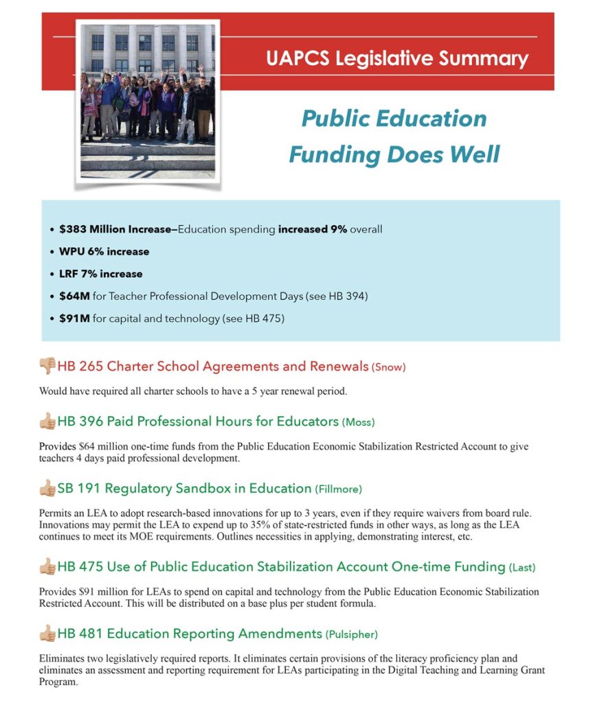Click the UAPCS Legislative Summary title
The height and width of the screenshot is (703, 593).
pos(397,58)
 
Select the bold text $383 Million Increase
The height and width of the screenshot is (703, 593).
pos(117,229)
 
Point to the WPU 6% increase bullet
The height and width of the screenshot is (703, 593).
pos(104,251)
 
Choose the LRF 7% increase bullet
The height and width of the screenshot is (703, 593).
pos(100,274)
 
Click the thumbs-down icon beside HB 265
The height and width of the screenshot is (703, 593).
pos(47,366)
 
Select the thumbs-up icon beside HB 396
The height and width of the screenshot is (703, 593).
pos(47,420)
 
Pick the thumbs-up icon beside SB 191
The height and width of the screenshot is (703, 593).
pos(47,488)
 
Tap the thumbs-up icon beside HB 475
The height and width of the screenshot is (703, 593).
pos(47,566)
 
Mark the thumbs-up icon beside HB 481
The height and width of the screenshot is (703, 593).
pos(47,633)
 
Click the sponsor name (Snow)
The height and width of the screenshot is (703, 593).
pos(389,367)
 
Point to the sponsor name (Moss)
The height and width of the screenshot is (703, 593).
pos(359,422)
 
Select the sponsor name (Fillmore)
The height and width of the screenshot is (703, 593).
pos(338,489)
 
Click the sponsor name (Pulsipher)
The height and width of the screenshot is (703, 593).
pos(352,634)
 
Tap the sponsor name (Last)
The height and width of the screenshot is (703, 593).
pos(522,568)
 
